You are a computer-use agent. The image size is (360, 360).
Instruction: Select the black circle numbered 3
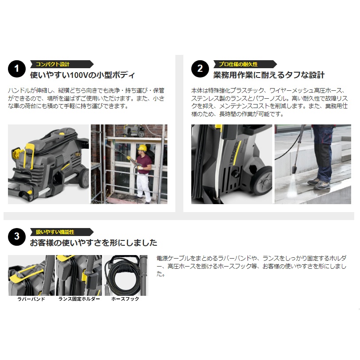[x=17, y=236]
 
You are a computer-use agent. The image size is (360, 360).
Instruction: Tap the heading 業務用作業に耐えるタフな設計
[x=269, y=75]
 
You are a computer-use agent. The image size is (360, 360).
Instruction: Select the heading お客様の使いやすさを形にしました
[x=93, y=243]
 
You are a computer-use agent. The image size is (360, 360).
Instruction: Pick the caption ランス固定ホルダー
[x=79, y=299]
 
